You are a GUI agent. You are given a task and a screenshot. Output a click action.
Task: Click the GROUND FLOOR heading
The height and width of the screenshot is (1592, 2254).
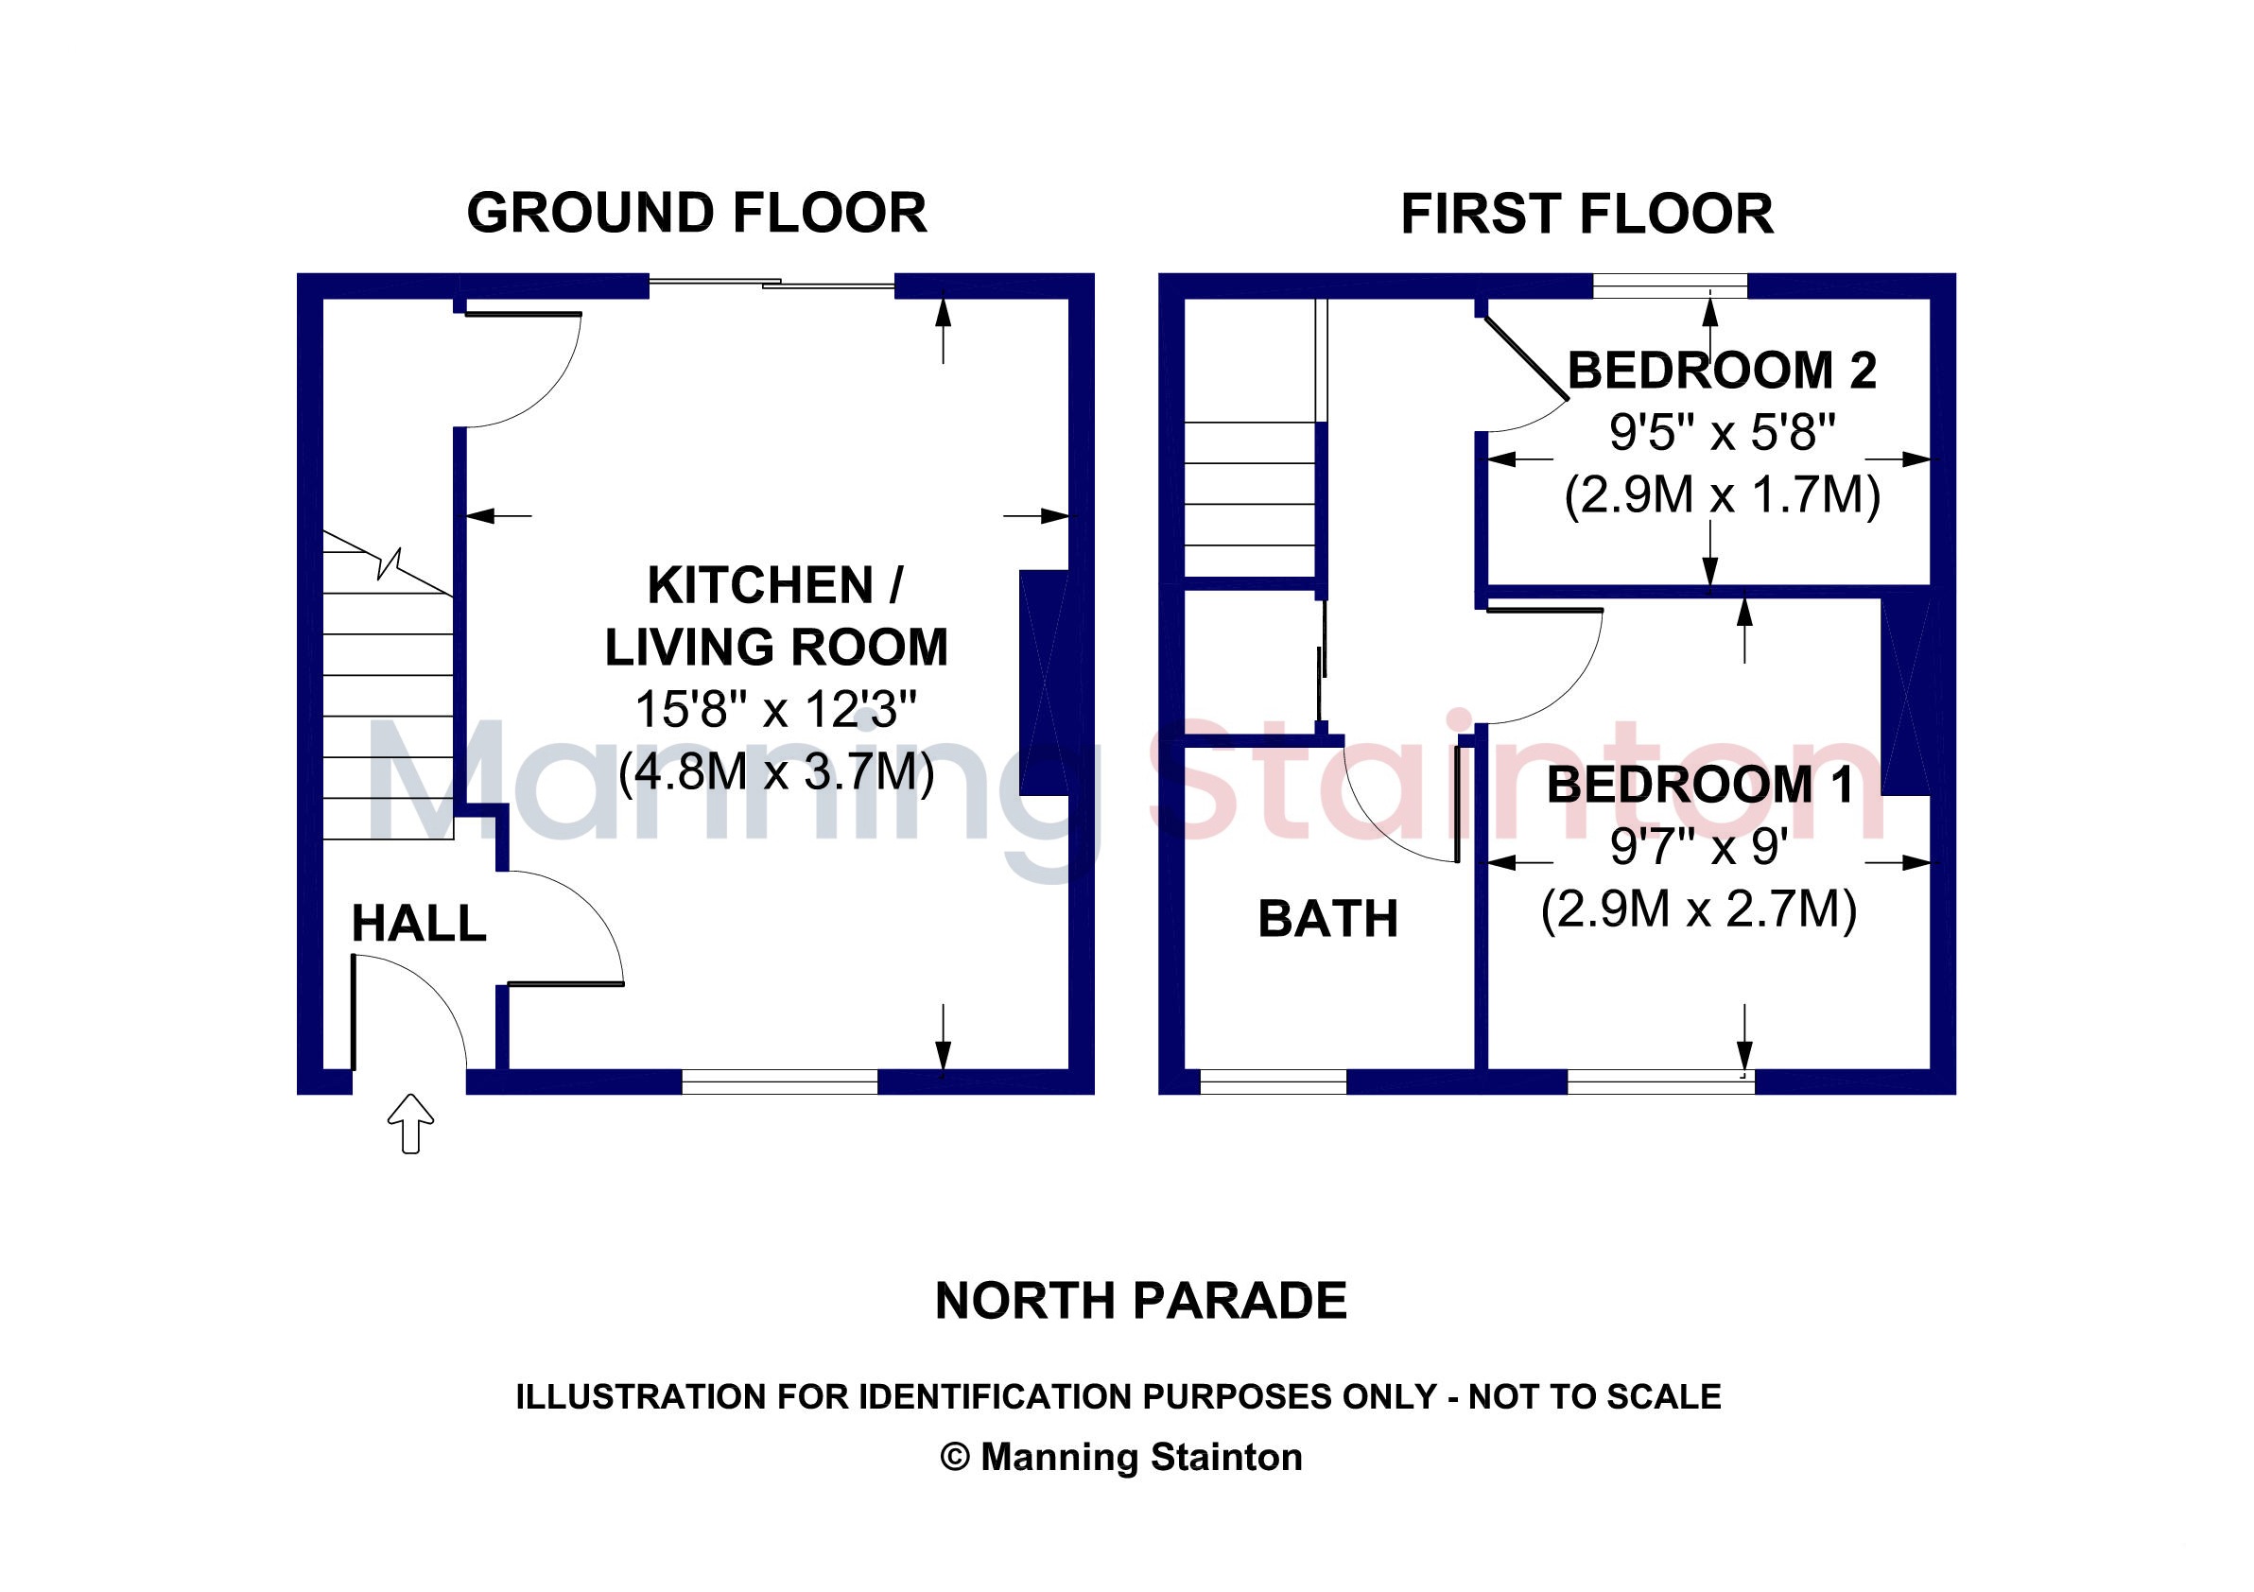coord(696,213)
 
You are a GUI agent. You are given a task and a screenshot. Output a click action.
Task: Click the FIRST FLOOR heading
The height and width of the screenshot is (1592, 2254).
coord(1586,214)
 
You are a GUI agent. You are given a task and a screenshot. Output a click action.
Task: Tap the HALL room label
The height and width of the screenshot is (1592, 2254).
coord(419,924)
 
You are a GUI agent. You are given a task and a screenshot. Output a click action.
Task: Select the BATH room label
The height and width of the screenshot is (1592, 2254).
coord(1327,920)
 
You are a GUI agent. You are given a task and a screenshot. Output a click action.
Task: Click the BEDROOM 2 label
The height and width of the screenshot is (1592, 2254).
coord(1722,370)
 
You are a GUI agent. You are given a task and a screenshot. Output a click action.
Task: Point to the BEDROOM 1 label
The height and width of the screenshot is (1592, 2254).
coord(1700,785)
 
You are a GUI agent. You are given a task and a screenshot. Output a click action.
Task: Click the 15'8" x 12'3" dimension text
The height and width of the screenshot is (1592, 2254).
coord(775,709)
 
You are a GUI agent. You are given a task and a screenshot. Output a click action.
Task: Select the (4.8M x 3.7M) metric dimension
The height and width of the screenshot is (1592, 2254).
coord(775,771)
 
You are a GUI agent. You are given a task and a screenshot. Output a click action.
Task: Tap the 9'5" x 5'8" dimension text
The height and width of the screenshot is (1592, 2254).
coord(1722,432)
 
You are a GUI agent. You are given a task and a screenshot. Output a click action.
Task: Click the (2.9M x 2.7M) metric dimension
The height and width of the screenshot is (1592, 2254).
coord(1698,908)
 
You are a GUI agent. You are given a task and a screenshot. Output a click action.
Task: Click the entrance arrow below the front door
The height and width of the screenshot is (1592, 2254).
coord(410,1123)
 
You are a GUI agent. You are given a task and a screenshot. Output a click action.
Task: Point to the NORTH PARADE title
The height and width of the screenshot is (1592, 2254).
coord(1141,1302)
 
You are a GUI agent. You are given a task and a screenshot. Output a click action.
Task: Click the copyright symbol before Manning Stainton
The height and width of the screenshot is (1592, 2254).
coord(955,1457)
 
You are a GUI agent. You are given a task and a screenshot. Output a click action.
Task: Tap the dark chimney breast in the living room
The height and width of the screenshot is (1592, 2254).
coord(1044,683)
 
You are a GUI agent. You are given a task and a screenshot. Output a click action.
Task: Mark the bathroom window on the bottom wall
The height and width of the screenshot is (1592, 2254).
coord(1274,1082)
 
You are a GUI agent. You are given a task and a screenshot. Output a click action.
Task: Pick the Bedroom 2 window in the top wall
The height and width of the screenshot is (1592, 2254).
coord(1670,286)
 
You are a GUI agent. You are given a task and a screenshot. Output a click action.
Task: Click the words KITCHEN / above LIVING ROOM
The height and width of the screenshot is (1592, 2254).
coord(775,586)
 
